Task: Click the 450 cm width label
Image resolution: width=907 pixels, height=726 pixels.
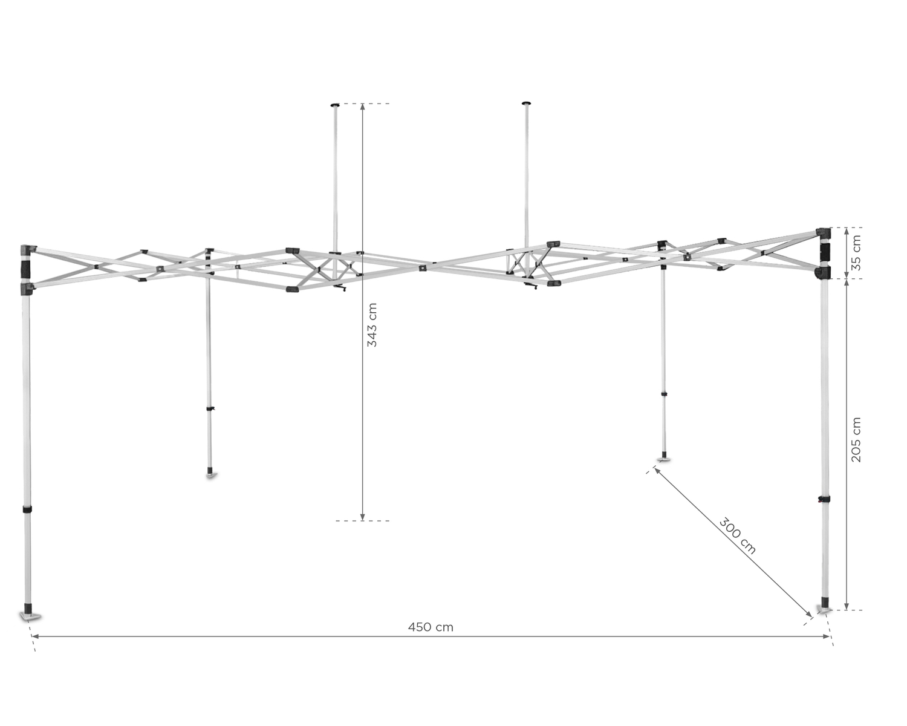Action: pos(431,627)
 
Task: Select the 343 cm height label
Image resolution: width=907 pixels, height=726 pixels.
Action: pos(372,325)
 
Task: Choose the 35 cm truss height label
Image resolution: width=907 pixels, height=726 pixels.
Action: pos(856,253)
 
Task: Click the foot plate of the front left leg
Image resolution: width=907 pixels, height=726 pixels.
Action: pos(30,617)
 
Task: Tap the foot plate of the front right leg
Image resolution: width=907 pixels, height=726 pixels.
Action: pos(824,609)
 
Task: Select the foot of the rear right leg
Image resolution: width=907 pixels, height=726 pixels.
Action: pos(663,459)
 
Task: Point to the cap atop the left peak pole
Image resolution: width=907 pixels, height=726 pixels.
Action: pos(335,104)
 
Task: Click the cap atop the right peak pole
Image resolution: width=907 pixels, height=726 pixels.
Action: pos(526,103)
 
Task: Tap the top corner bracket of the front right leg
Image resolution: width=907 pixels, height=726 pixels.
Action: pos(823,232)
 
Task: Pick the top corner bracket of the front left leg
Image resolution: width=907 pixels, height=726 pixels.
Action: pos(28,250)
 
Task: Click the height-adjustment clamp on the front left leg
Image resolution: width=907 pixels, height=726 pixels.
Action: pos(27,509)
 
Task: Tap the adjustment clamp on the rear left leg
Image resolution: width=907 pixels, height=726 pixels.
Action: pos(210,408)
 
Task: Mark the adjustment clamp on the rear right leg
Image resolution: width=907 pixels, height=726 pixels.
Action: pos(664,394)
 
